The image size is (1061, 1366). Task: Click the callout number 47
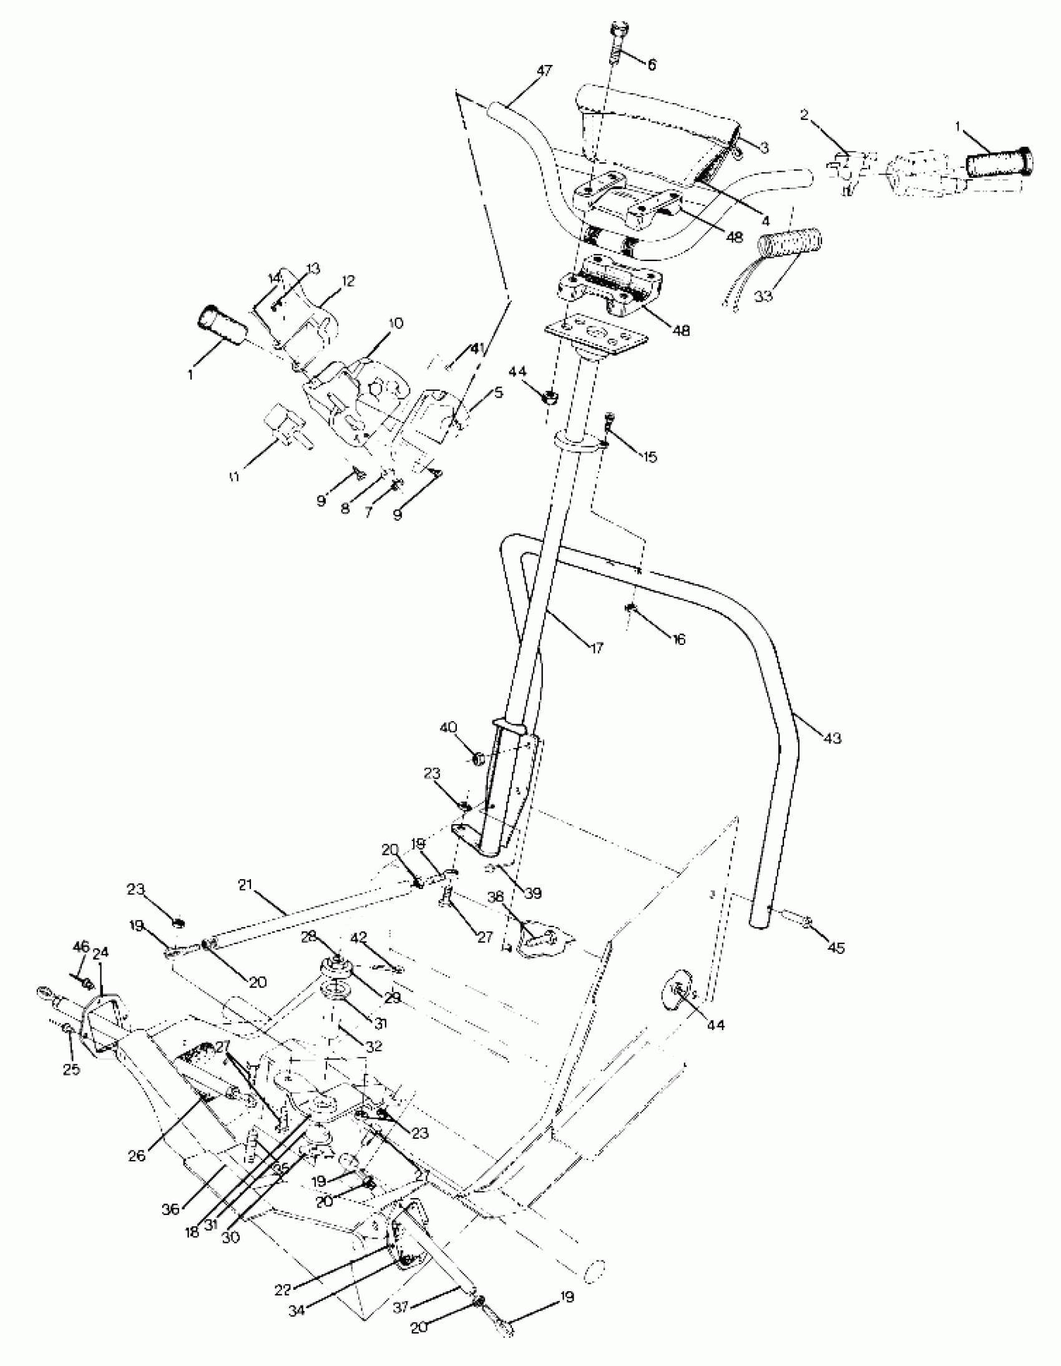(x=544, y=71)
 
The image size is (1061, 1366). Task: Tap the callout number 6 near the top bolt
(x=652, y=64)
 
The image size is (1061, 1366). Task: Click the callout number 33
(x=763, y=296)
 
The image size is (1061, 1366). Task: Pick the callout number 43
(x=832, y=738)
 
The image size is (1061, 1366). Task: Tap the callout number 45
(x=836, y=948)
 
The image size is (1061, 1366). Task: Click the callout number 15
(x=650, y=456)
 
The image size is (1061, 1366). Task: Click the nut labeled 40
(x=477, y=759)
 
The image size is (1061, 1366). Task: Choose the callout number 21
(x=245, y=885)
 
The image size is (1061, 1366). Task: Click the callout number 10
(x=396, y=323)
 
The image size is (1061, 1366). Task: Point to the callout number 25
(x=71, y=1069)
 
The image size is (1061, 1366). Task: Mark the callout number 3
(x=763, y=145)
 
